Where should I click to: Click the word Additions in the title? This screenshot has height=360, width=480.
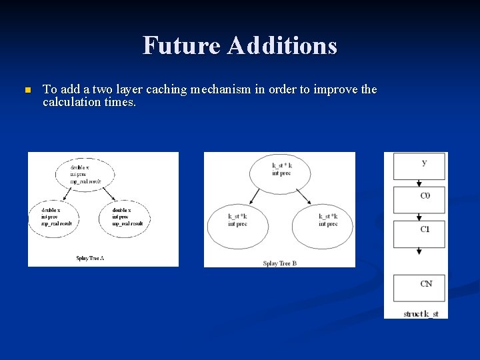tap(282, 45)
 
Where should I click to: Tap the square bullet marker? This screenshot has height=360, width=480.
tap(27, 90)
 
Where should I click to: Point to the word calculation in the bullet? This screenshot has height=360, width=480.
tap(72, 102)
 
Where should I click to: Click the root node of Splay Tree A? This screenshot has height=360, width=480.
tap(87, 175)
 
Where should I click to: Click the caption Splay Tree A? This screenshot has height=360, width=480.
tap(91, 257)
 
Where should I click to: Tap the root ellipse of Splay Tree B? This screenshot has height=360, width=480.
tap(281, 172)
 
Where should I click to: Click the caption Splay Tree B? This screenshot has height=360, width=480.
tap(280, 263)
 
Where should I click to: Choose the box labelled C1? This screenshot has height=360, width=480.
tap(419, 233)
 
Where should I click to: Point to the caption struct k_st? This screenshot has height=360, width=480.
tap(421, 313)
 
